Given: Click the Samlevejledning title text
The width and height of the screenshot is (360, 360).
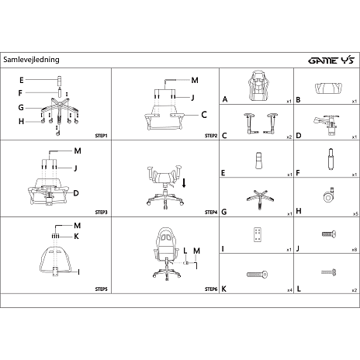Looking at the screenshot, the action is point(31,60).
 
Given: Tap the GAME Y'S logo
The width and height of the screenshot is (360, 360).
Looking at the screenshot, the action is point(331,61).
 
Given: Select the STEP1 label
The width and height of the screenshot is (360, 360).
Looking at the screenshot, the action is point(101,136).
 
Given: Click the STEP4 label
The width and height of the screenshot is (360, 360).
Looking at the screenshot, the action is point(211,213).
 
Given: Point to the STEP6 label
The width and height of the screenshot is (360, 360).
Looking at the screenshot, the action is point(211,289).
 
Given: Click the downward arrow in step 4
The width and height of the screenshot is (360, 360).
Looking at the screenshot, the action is point(184,182).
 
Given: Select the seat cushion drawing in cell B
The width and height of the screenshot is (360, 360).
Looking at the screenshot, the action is point(328,88).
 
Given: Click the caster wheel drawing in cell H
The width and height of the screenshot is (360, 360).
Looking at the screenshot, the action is point(329,196).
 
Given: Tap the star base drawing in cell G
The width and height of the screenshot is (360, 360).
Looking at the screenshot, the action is point(260,199).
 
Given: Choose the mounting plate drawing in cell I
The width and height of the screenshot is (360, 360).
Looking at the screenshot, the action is point(258,234).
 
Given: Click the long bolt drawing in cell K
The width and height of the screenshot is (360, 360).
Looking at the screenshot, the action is point(257,274).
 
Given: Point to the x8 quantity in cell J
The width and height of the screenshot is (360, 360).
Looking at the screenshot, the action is point(355,250).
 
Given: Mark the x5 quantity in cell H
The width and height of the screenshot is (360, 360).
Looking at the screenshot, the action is point(355,214).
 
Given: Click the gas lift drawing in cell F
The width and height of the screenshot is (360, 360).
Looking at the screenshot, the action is point(331,159).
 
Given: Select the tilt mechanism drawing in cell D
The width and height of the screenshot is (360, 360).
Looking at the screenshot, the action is point(327,125).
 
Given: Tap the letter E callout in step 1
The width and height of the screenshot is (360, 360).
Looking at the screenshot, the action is point(22,80).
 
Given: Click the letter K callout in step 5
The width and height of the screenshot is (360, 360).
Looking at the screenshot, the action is point(76,237).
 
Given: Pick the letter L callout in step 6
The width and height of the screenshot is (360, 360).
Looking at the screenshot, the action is point(185,251).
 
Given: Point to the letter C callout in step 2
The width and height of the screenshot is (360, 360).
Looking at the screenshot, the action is point(204,115).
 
